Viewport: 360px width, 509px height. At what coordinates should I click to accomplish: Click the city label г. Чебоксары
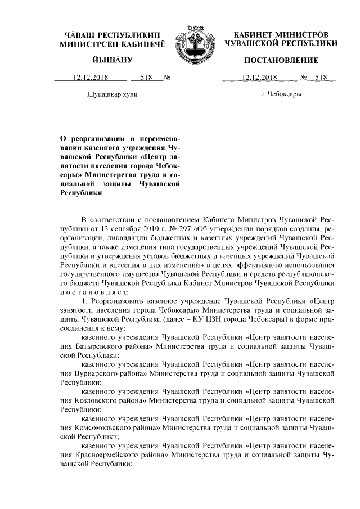point(281,94)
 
